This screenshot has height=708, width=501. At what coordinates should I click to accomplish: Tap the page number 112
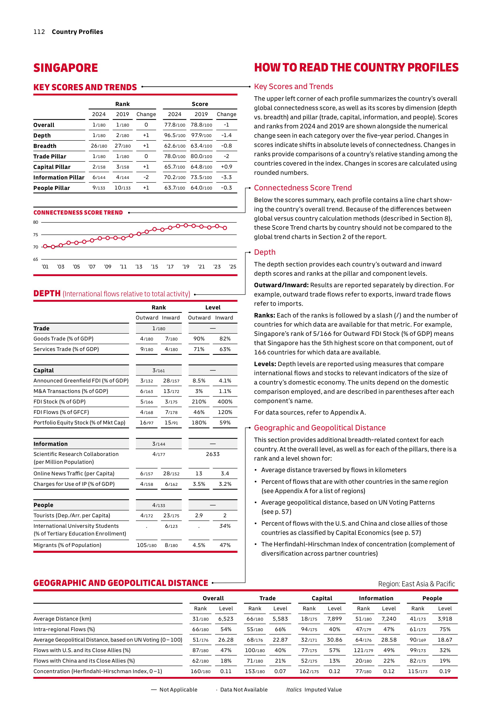(x=39, y=32)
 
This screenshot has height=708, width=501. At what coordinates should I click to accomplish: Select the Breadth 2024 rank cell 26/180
(x=99, y=146)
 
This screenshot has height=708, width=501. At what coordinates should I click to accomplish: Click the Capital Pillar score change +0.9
(x=226, y=167)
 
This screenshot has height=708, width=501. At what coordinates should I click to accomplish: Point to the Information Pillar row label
(x=59, y=177)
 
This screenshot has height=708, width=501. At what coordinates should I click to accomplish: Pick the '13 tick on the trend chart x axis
(x=139, y=267)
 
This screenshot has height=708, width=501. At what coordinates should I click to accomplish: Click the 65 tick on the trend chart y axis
(x=36, y=259)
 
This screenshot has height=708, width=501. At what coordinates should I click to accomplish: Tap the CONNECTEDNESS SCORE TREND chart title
(x=78, y=213)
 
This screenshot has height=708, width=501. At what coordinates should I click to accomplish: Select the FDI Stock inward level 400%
(x=225, y=401)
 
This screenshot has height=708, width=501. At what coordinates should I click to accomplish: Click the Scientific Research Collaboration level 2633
(x=213, y=454)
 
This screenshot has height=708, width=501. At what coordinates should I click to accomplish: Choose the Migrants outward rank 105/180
(x=147, y=545)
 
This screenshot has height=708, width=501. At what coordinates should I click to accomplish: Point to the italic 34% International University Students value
(x=225, y=526)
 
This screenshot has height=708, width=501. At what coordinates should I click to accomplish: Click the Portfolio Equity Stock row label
(x=79, y=422)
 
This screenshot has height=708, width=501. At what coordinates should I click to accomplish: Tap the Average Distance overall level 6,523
(x=226, y=619)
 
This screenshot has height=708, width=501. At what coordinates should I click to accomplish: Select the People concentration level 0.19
(x=444, y=671)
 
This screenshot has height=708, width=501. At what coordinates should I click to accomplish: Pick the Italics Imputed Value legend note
(x=314, y=689)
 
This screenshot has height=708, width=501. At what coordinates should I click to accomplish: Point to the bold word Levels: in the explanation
(x=265, y=364)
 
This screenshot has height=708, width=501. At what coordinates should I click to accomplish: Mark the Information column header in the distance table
(x=376, y=598)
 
